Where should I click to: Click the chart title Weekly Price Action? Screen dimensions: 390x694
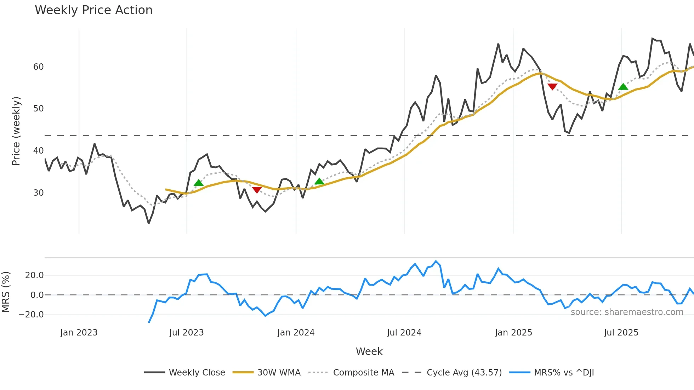[x=93, y=10]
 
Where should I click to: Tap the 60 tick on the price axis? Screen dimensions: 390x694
[x=38, y=67]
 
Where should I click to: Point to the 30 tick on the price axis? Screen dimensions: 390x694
[x=38, y=193]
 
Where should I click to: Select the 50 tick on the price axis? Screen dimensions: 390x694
[x=38, y=109]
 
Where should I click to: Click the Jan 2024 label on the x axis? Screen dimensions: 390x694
[x=296, y=333]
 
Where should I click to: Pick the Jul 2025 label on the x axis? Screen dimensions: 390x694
[x=621, y=333]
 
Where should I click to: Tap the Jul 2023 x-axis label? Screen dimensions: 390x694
[x=186, y=333]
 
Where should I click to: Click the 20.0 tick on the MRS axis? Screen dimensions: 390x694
[x=34, y=275]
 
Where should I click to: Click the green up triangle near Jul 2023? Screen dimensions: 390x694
[x=199, y=183]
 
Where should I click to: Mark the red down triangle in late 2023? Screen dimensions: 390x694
[x=257, y=190]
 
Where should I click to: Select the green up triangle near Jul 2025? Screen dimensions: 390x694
[x=623, y=87]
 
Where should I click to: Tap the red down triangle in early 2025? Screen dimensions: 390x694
[x=552, y=86]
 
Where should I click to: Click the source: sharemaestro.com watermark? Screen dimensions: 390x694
[x=627, y=312]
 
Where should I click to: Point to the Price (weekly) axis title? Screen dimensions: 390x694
[x=16, y=131]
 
